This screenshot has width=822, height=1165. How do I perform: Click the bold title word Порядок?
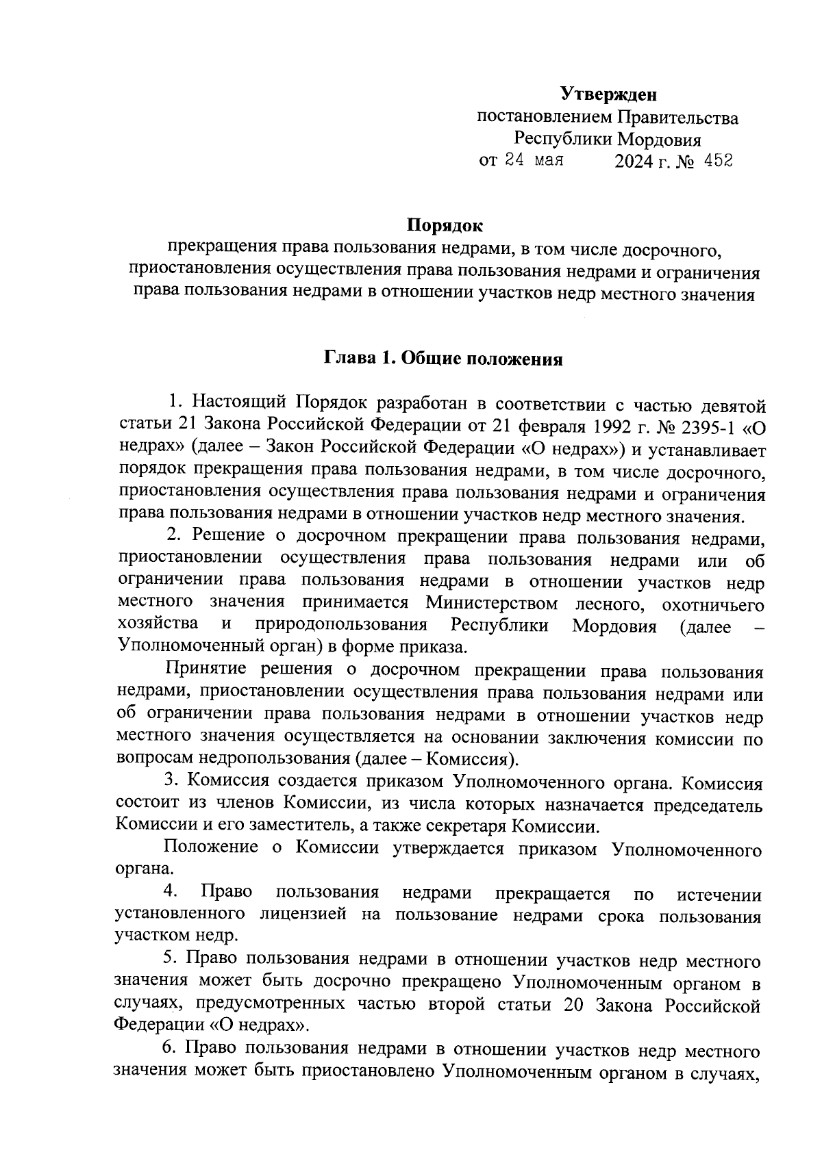pyautogui.click(x=445, y=225)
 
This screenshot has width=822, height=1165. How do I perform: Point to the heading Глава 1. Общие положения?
pyautogui.click(x=443, y=359)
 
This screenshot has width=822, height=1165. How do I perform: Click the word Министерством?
pyautogui.click(x=491, y=604)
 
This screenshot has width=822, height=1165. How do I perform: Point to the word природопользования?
pyautogui.click(x=341, y=626)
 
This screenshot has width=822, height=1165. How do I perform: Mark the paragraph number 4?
pyautogui.click(x=172, y=892)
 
